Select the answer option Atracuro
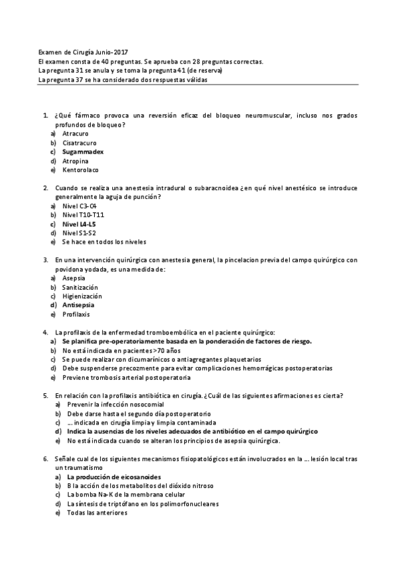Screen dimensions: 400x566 75,133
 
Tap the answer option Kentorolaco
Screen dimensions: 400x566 79,170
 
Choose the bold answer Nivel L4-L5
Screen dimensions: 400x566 79,224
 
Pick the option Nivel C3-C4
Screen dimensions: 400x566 79,206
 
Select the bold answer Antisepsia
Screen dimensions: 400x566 78,304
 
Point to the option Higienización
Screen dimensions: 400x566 82,296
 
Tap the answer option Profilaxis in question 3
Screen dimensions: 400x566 76,314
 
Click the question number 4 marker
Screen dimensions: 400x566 44,332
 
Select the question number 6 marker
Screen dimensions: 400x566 44,459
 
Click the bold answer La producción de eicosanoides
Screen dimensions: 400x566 114,477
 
